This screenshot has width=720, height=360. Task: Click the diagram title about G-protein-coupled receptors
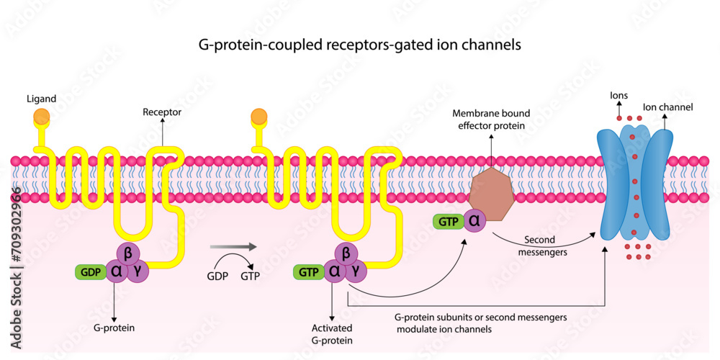[359, 45]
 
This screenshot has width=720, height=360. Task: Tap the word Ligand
[41, 98]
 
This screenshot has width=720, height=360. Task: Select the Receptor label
[162, 112]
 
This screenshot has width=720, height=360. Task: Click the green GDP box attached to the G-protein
[91, 271]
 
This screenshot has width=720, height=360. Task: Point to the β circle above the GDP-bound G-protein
[127, 253]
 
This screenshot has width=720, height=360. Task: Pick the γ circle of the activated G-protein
[356, 271]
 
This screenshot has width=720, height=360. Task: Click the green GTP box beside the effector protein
[447, 222]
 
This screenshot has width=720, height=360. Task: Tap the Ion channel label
[667, 107]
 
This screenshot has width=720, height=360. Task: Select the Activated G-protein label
[332, 333]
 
